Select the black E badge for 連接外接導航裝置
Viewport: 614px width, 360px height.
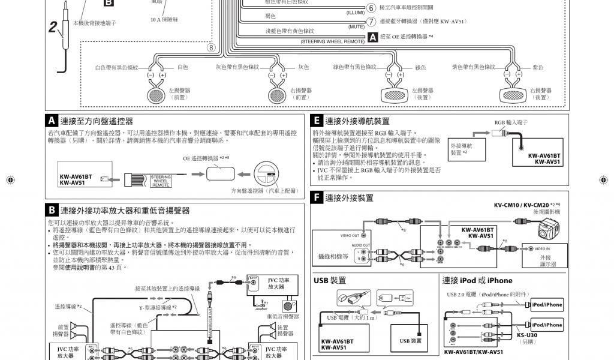coord(317,121)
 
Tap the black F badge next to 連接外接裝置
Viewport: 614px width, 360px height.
coord(317,197)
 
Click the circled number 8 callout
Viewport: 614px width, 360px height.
coord(210,48)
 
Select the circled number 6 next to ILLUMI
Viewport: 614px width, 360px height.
coord(371,8)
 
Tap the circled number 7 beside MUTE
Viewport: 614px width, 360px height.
coord(371,22)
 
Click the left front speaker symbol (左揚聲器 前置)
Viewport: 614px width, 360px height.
coord(159,94)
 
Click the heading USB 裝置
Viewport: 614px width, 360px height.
coord(330,280)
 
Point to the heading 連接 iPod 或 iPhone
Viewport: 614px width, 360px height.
coord(477,280)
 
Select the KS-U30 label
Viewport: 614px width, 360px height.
coord(528,335)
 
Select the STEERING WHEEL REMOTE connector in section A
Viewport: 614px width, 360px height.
coord(160,181)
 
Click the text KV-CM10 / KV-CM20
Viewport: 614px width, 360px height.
coord(520,205)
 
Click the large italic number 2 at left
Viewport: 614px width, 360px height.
coord(53,27)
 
